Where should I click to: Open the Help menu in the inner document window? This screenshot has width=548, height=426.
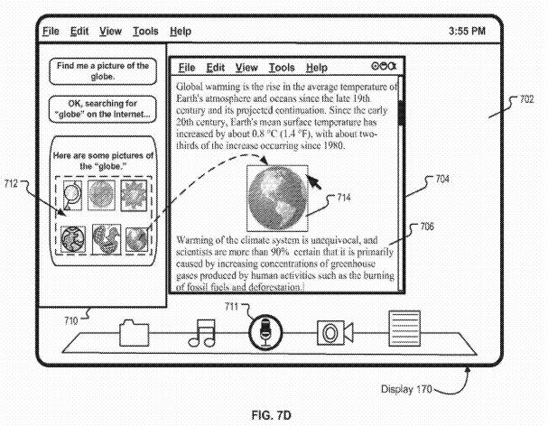(x=316, y=68)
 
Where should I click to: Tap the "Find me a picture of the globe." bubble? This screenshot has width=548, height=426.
(x=101, y=71)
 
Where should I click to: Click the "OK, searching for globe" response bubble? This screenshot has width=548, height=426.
(x=101, y=109)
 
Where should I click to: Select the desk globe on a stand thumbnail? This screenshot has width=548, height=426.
(x=73, y=191)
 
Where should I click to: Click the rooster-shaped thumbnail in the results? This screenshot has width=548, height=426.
(x=104, y=239)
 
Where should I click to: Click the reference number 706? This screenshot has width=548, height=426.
(x=426, y=227)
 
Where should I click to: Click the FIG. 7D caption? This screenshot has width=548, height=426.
(x=273, y=417)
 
